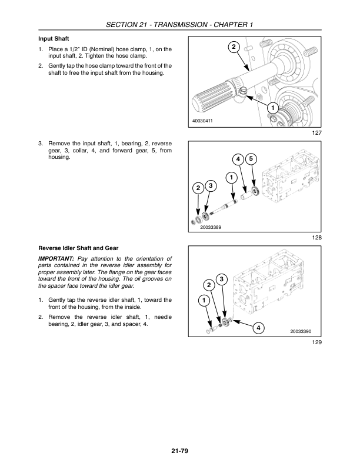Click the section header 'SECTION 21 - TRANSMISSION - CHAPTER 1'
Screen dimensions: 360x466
179,24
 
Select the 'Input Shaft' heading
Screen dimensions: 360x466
54,39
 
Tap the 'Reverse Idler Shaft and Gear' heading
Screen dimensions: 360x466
78,248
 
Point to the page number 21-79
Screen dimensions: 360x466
179,451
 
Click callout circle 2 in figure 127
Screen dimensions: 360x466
234,46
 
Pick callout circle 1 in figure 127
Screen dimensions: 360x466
272,108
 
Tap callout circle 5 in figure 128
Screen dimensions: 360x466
251,159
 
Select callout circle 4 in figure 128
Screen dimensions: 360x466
238,159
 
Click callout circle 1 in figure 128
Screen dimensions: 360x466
231,178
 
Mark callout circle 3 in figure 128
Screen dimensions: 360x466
211,186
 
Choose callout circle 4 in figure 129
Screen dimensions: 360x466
258,328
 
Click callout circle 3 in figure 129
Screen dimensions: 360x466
222,279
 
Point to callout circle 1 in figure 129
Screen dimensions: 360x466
204,300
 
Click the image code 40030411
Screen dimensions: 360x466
202,121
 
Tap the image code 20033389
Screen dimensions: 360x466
211,227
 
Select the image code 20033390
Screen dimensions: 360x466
301,331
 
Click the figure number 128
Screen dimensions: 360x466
317,238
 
